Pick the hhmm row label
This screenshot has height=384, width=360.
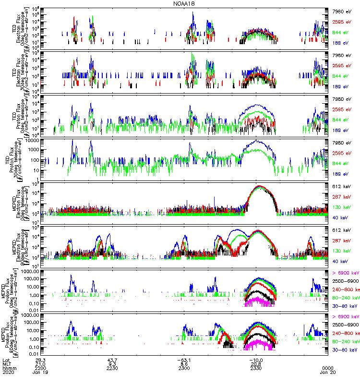[8, 368]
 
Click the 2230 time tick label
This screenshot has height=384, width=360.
[113, 368]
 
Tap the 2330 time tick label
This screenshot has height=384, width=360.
[255, 368]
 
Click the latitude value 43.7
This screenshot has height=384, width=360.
[113, 359]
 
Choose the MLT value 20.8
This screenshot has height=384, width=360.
[255, 363]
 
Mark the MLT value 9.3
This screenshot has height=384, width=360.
[113, 363]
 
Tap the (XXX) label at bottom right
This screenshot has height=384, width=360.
[327, 368]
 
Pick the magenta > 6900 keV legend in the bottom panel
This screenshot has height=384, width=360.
[345, 317]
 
